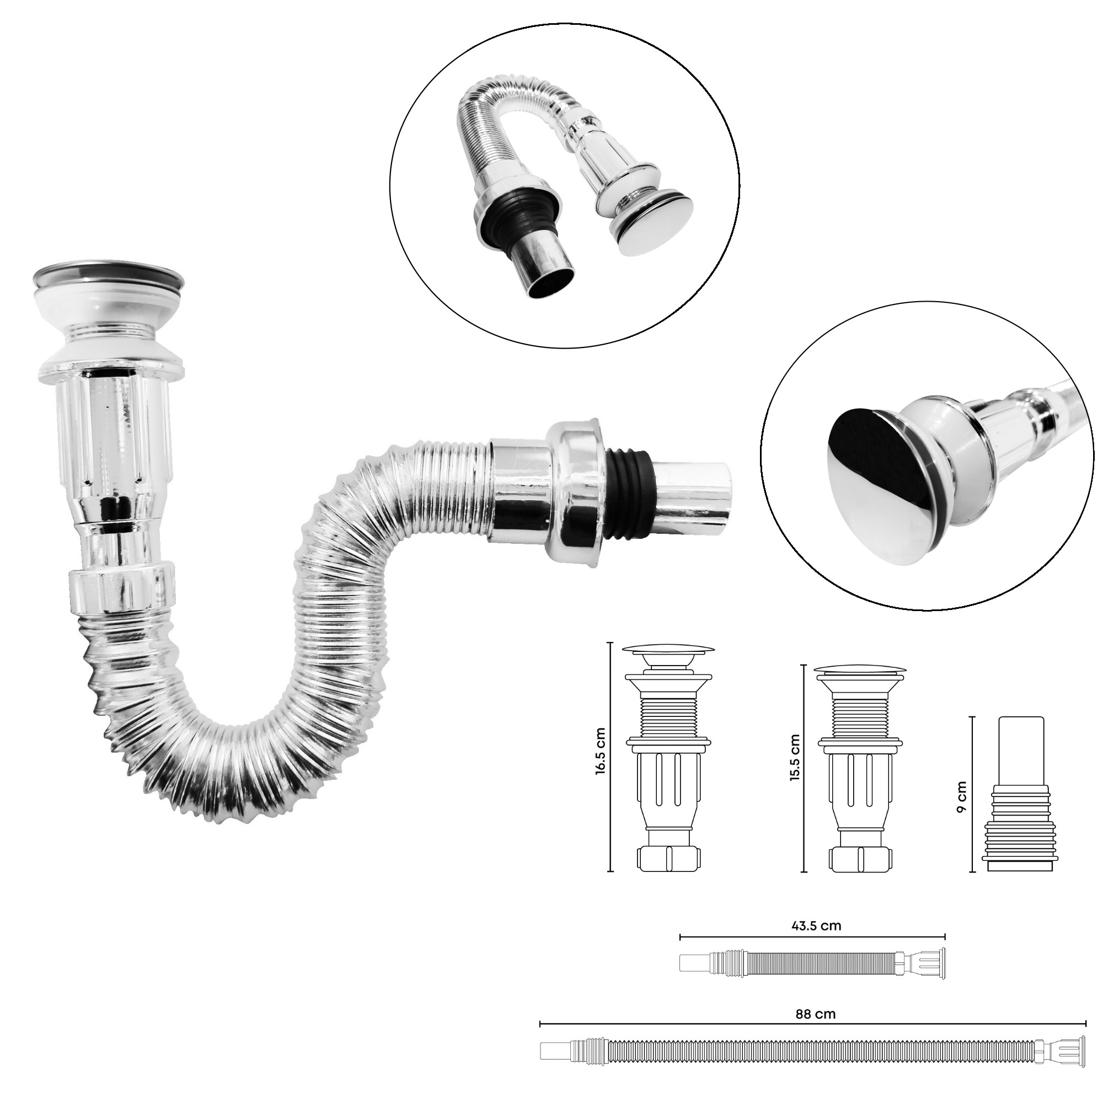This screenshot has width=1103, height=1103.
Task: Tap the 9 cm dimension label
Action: pos(962,797)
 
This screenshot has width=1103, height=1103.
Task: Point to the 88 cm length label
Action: pos(815,1014)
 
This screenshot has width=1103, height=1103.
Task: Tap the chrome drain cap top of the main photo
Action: pos(109,279)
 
